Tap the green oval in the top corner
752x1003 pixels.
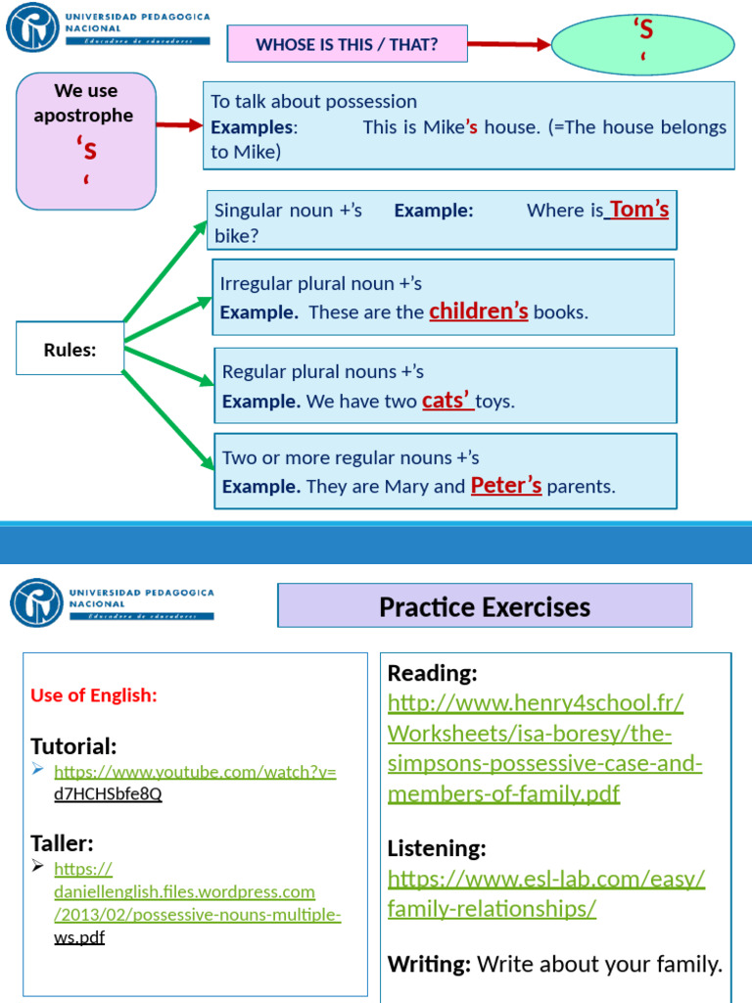click(643, 43)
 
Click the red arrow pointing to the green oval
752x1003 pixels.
click(498, 44)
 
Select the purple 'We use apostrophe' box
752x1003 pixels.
click(86, 140)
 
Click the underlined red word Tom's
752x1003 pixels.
click(638, 210)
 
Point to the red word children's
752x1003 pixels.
click(479, 311)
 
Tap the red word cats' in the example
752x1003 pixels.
click(446, 401)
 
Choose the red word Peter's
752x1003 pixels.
click(506, 486)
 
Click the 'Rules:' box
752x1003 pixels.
click(70, 350)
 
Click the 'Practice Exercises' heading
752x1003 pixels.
click(485, 606)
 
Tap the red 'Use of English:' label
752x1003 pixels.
click(94, 695)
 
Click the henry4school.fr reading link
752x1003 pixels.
click(544, 748)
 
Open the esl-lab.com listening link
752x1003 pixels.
click(545, 893)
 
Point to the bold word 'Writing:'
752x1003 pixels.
click(429, 964)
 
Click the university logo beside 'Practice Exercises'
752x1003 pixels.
click(36, 602)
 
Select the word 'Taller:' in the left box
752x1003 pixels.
click(62, 843)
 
